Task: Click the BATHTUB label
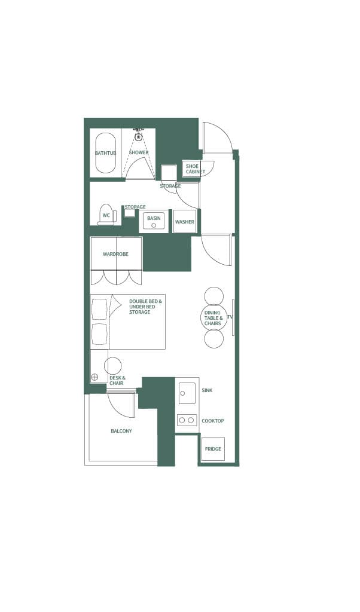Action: (x=105, y=153)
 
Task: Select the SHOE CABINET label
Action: (x=193, y=169)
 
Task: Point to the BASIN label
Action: (x=154, y=218)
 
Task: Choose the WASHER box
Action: (x=184, y=222)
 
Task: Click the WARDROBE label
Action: (x=115, y=254)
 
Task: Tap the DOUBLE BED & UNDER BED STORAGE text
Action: (x=145, y=307)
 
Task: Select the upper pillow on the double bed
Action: (x=99, y=309)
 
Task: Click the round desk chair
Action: (x=113, y=366)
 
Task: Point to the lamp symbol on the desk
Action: (x=94, y=377)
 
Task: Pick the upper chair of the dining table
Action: (x=213, y=296)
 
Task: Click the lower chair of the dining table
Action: (x=213, y=338)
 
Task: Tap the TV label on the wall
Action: (x=230, y=317)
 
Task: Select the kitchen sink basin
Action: (x=187, y=393)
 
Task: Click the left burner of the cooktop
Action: (x=182, y=420)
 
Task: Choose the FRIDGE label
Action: (x=213, y=449)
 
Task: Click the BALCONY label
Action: (x=121, y=431)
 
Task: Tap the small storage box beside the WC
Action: (x=129, y=212)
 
